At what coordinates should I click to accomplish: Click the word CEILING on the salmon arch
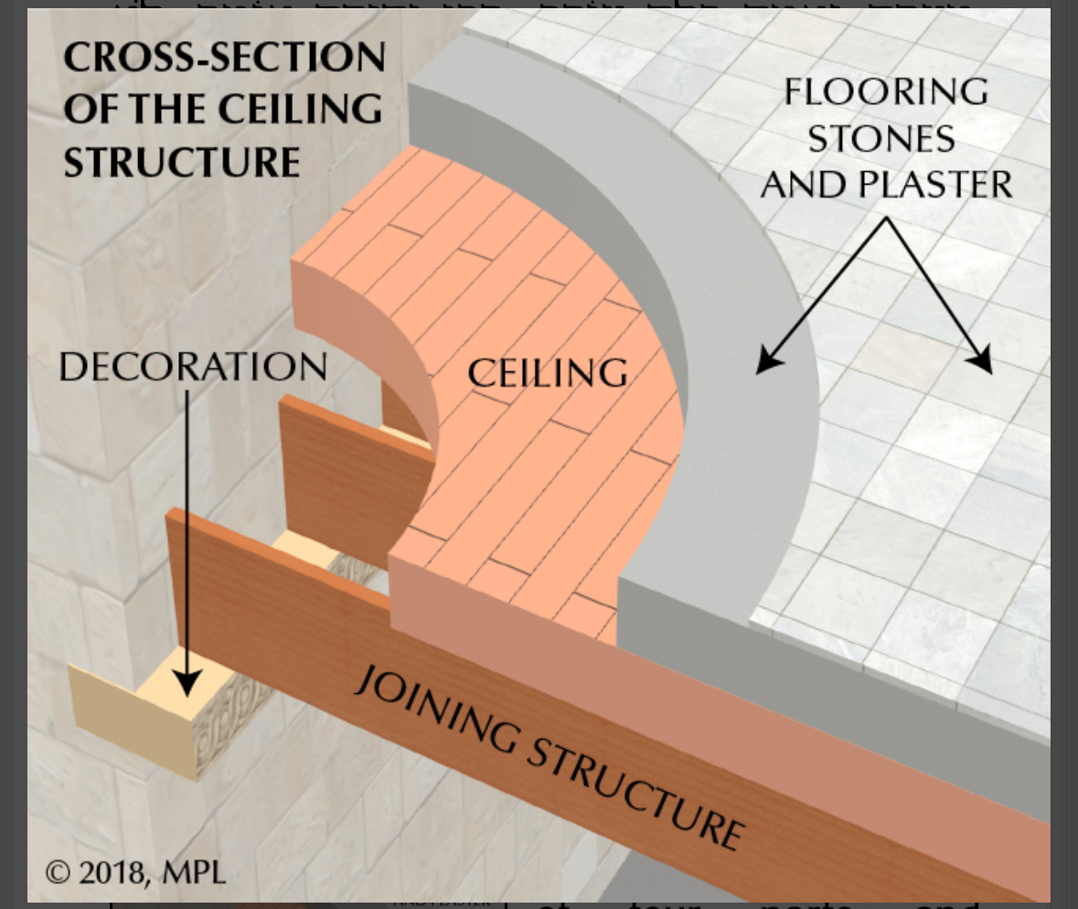pos(548,374)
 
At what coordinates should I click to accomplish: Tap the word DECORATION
pos(193,368)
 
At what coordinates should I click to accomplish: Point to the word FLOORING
pos(886,91)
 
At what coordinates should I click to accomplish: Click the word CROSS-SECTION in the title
pos(224,59)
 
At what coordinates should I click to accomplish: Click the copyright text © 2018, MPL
pos(135,872)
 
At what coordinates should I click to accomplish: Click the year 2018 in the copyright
pos(111,872)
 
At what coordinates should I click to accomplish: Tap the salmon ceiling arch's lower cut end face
pos(503,604)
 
